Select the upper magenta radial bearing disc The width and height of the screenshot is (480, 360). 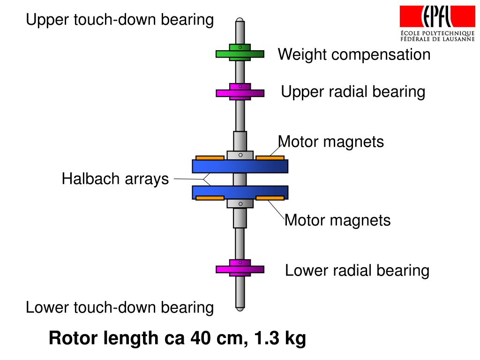[x=240, y=93]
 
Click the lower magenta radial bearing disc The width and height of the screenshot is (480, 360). [x=240, y=269]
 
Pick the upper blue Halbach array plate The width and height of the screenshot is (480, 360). [x=240, y=166]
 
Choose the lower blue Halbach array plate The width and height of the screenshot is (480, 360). [x=240, y=192]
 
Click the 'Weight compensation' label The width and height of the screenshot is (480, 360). [x=354, y=54]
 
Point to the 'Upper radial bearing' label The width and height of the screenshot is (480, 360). [x=353, y=92]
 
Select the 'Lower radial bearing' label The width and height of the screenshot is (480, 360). [x=357, y=270]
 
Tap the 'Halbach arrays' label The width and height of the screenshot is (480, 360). [x=115, y=179]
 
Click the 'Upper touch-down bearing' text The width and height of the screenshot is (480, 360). [x=120, y=20]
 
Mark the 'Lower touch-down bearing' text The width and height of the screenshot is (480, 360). [x=120, y=307]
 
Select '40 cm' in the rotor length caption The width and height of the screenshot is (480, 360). [x=218, y=338]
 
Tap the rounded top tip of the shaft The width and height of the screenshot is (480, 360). [x=240, y=21]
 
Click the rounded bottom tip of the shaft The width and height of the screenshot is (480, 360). [x=240, y=307]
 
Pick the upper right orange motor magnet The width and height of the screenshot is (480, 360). [x=270, y=157]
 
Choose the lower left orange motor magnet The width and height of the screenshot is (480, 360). [x=210, y=198]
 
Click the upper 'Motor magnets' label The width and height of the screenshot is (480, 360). [x=331, y=142]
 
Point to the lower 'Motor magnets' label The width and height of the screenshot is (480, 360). [x=337, y=220]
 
